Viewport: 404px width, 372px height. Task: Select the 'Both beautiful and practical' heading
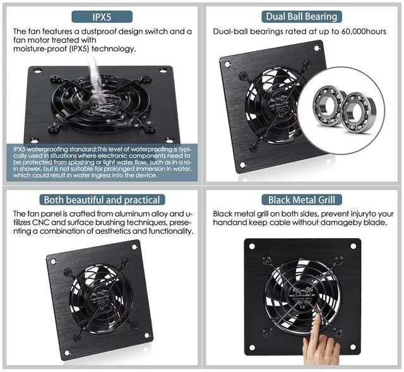(x=101, y=200)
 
